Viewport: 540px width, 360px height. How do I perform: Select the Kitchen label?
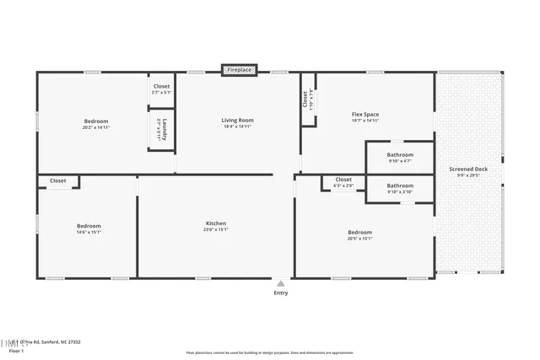[216, 223]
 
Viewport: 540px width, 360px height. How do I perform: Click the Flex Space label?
[365, 114]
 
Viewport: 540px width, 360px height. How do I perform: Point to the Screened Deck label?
[469, 169]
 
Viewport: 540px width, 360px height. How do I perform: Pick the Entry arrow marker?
[280, 283]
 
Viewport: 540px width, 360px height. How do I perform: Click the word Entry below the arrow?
[280, 293]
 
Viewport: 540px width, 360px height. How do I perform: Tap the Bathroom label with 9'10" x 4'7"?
[400, 154]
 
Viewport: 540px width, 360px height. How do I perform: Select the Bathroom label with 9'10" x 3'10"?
[400, 185]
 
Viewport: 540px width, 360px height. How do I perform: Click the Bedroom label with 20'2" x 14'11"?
[96, 121]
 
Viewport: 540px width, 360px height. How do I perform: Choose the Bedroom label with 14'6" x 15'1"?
[89, 226]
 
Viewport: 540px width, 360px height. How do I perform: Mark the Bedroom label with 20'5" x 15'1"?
[360, 232]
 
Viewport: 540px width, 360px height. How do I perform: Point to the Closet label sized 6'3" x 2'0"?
[343, 180]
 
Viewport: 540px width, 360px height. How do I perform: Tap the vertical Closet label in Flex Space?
[305, 99]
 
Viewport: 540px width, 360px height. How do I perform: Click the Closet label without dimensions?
[58, 180]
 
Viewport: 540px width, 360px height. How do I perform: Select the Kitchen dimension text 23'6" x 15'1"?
[216, 229]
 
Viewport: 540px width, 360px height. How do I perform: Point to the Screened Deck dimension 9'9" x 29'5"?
[469, 175]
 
